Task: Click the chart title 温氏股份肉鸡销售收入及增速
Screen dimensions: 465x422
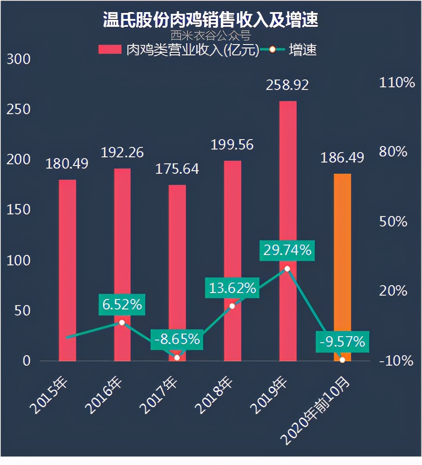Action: (x=211, y=19)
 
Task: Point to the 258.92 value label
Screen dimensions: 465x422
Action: (x=288, y=85)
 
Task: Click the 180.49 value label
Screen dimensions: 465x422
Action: (x=67, y=164)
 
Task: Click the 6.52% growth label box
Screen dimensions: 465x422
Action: (x=122, y=304)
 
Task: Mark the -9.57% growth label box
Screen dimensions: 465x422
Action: (x=342, y=342)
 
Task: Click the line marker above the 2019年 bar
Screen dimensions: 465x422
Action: (x=288, y=269)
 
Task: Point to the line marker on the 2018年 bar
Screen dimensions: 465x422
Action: (x=232, y=306)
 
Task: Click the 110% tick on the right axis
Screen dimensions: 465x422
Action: (x=396, y=83)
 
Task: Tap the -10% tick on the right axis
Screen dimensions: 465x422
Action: (x=396, y=360)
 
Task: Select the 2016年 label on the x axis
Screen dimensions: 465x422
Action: (x=104, y=395)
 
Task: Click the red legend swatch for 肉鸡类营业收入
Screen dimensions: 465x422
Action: (x=110, y=50)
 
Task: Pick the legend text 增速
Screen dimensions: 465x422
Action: (x=303, y=50)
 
